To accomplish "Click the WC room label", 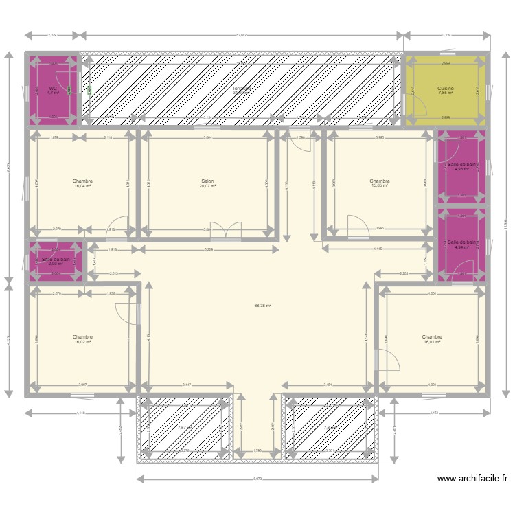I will click(x=52, y=88).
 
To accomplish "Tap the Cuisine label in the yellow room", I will click(x=446, y=88).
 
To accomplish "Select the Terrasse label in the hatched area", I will click(x=241, y=89).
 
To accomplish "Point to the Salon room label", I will click(x=207, y=181).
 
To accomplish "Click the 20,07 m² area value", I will click(x=207, y=187).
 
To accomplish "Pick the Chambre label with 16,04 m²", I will click(x=82, y=181).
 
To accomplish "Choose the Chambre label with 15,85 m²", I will click(x=379, y=181).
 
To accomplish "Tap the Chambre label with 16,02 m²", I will click(x=82, y=336).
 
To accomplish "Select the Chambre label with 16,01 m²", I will click(x=432, y=336).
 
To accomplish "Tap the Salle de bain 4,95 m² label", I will click(x=461, y=165).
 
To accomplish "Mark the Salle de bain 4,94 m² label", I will click(x=461, y=242).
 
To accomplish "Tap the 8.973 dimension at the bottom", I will click(x=257, y=479).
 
